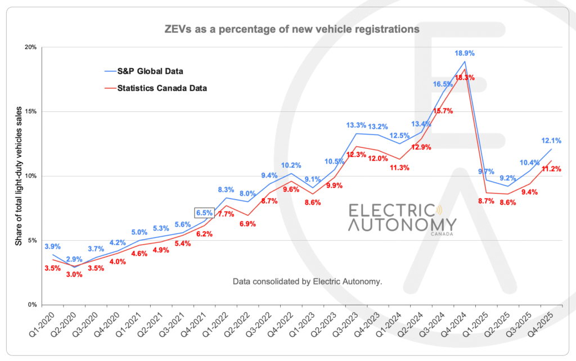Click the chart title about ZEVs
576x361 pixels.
[287, 28]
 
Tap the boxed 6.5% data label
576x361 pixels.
[204, 213]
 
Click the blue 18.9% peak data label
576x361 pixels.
[465, 53]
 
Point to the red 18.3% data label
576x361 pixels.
[465, 78]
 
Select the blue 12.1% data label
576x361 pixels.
[551, 140]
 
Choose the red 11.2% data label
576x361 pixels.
[551, 169]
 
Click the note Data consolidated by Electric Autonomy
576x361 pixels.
[307, 281]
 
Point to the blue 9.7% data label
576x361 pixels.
[486, 172]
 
